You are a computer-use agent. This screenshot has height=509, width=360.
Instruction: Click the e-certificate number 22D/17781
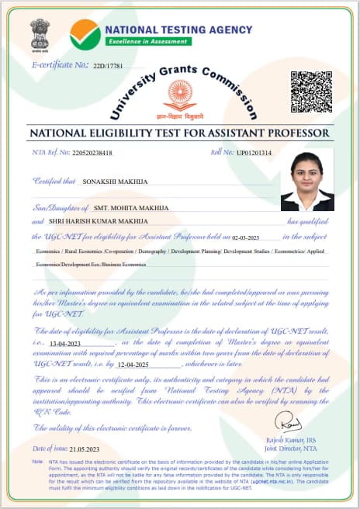109,65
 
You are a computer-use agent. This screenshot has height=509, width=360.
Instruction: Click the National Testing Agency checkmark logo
85,33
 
